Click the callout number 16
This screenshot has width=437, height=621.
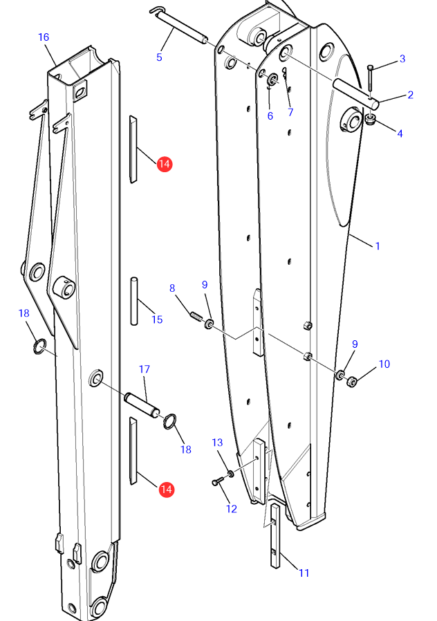[44, 37]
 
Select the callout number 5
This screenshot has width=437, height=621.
[159, 57]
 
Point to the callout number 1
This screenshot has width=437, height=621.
[378, 246]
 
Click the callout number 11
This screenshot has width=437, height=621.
[304, 573]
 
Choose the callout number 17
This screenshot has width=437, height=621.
[144, 370]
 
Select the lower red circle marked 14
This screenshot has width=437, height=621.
[166, 490]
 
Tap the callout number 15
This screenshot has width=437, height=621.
[157, 319]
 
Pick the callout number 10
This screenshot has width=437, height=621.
[384, 364]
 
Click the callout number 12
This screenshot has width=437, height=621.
[231, 509]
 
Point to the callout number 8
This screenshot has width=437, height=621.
[172, 288]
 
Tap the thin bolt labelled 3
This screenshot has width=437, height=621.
[371, 78]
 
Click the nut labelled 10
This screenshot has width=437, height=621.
[351, 380]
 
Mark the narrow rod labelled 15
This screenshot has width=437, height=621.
[133, 300]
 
